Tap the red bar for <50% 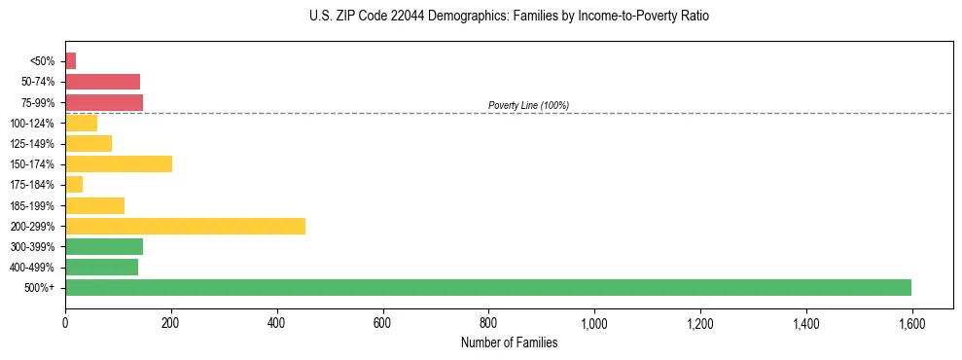tap(70, 61)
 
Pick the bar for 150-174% tap(119, 163)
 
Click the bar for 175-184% tap(74, 185)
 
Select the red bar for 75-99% tap(104, 102)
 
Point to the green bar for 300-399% tap(104, 246)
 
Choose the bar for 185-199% tap(94, 205)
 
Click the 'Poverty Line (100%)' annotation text tap(528, 105)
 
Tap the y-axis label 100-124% tap(32, 124)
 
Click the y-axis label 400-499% tap(32, 268)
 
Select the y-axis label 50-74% tap(38, 82)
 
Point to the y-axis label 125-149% tap(32, 144)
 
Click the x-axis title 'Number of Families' tap(509, 342)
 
